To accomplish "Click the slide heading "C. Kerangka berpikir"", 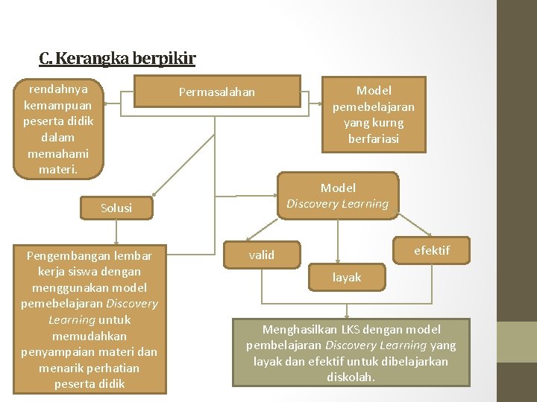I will click(117, 58).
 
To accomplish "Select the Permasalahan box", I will click(216, 92).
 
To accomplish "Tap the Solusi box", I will click(116, 208).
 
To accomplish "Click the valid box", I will click(262, 255).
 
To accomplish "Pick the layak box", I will click(346, 278).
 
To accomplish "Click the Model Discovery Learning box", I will click(338, 196).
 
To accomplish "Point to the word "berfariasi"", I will click(373, 138).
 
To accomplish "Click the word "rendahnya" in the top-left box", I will click(57, 89).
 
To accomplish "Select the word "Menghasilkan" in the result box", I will click(298, 329).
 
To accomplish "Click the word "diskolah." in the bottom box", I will click(351, 377).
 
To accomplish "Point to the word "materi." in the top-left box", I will click(57, 169).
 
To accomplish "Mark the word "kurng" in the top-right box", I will click(389, 122).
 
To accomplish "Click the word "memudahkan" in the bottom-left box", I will click(89, 336).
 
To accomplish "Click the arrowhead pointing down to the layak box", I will click(339, 264).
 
